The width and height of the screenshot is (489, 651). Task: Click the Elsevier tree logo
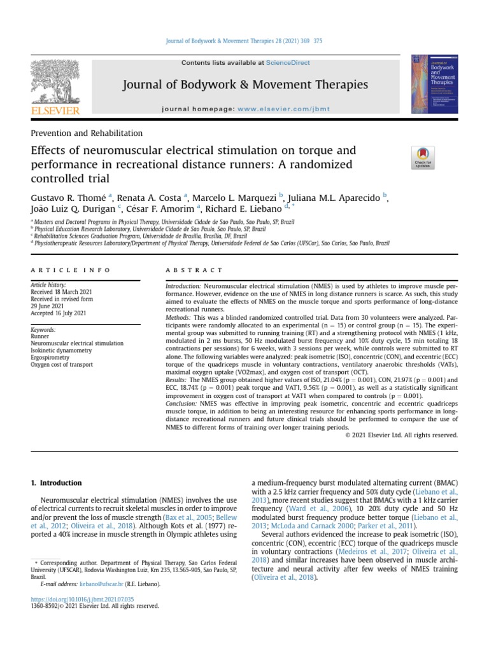(55, 83)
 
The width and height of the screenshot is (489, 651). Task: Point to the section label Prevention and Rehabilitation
(87, 134)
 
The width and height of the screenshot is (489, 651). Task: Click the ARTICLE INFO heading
(62, 270)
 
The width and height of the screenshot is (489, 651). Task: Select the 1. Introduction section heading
(56, 483)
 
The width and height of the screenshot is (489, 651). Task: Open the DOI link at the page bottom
(83, 599)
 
